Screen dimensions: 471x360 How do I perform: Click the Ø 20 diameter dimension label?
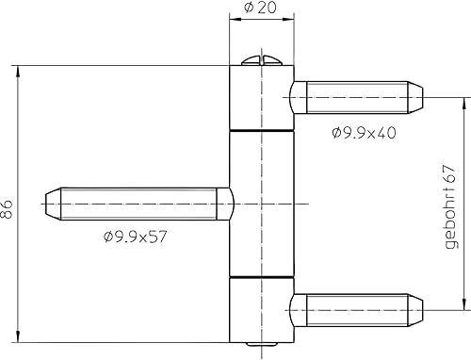pos(260,8)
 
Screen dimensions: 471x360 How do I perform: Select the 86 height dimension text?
pos(7,209)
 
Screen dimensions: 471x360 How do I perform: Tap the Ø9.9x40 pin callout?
pos(364,133)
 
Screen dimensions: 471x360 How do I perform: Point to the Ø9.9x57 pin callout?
pos(135,237)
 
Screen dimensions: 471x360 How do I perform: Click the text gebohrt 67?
pos(451,206)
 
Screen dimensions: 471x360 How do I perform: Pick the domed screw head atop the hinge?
pos(262,60)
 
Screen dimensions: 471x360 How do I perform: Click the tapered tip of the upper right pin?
pos(415,97)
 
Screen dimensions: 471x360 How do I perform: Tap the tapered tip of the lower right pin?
pos(415,310)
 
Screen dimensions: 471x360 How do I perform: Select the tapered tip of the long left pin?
pos(53,204)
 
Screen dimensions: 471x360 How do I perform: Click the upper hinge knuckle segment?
pos(262,97)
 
